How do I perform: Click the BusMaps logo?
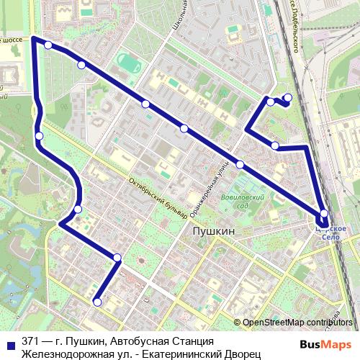tap(326, 343)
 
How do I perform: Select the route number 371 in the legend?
tap(31, 341)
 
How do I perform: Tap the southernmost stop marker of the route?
tap(97, 302)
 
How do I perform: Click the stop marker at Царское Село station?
tap(324, 213)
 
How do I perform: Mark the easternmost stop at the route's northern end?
tap(288, 98)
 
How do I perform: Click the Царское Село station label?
tap(333, 233)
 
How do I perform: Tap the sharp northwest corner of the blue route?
tap(34, 39)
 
